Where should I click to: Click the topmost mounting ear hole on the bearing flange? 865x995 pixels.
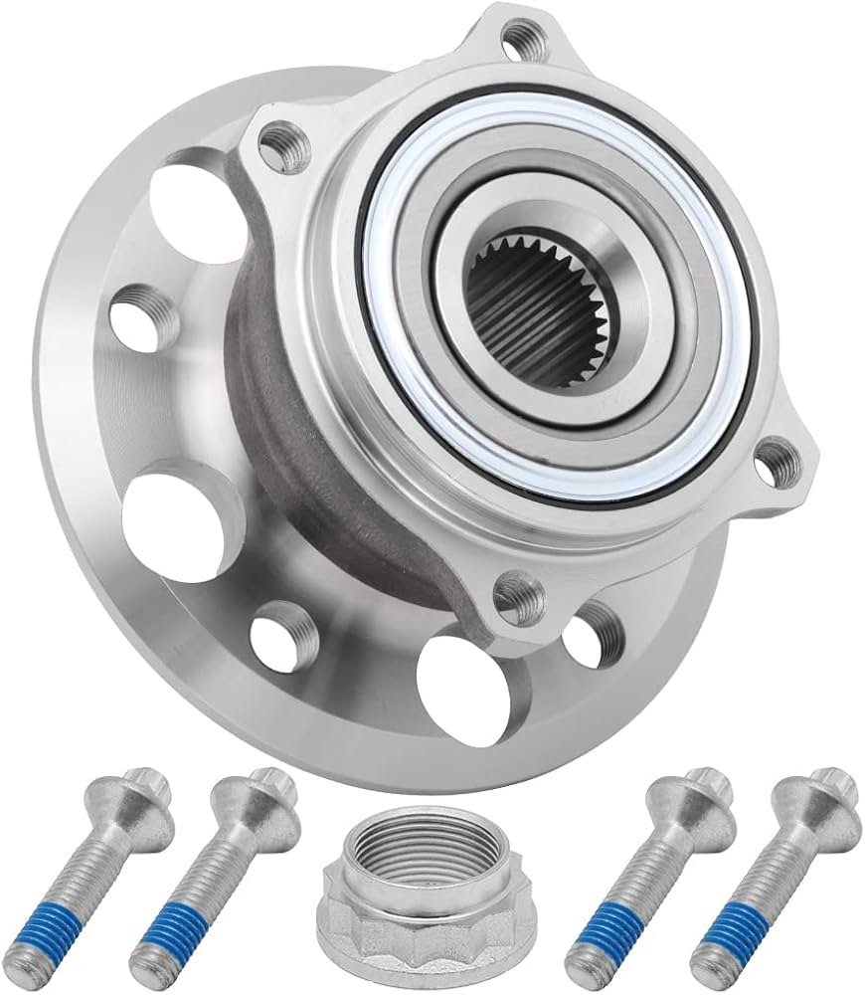[517, 42]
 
